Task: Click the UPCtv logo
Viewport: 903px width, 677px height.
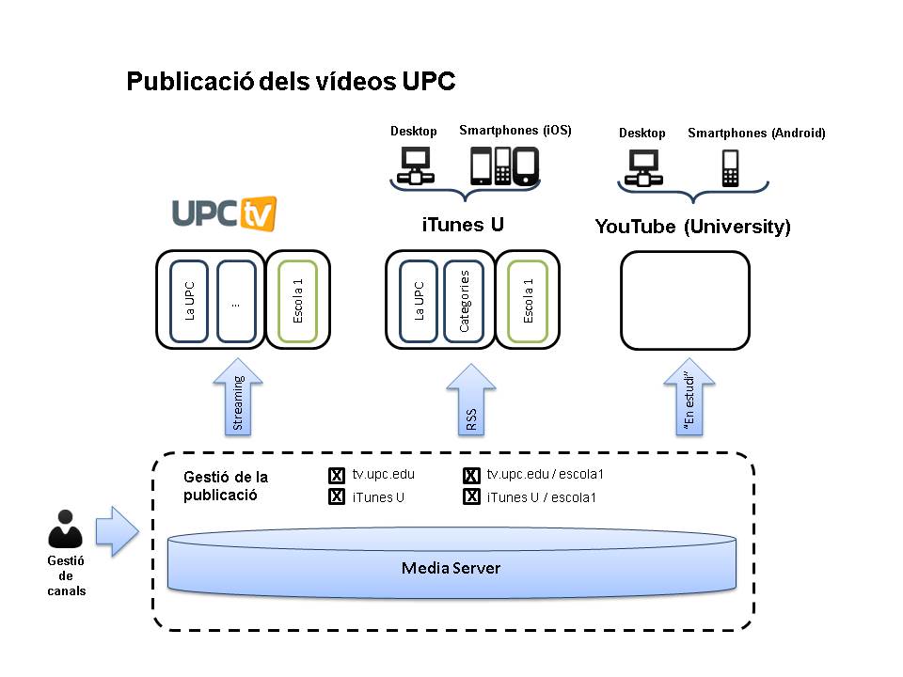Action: click(224, 213)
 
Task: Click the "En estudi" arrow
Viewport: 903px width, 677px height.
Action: click(689, 400)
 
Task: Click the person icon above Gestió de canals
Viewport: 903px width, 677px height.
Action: click(65, 529)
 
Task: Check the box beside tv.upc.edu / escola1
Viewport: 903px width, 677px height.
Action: click(472, 476)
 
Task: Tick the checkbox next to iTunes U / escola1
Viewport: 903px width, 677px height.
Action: click(472, 497)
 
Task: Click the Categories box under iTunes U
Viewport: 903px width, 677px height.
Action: click(464, 300)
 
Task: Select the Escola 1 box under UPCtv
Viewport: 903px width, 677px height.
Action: click(298, 300)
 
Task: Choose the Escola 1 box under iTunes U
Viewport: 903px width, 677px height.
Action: click(528, 300)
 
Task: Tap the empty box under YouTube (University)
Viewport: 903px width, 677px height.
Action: click(685, 300)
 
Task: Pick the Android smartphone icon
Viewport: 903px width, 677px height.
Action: click(731, 168)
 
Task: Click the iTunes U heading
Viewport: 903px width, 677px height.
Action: click(462, 226)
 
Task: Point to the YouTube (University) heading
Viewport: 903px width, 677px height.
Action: click(692, 227)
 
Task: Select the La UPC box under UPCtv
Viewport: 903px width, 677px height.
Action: click(190, 300)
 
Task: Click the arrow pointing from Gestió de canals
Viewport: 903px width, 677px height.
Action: click(117, 531)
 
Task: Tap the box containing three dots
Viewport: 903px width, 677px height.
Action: click(236, 300)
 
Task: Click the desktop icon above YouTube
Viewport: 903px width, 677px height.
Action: click(642, 168)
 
